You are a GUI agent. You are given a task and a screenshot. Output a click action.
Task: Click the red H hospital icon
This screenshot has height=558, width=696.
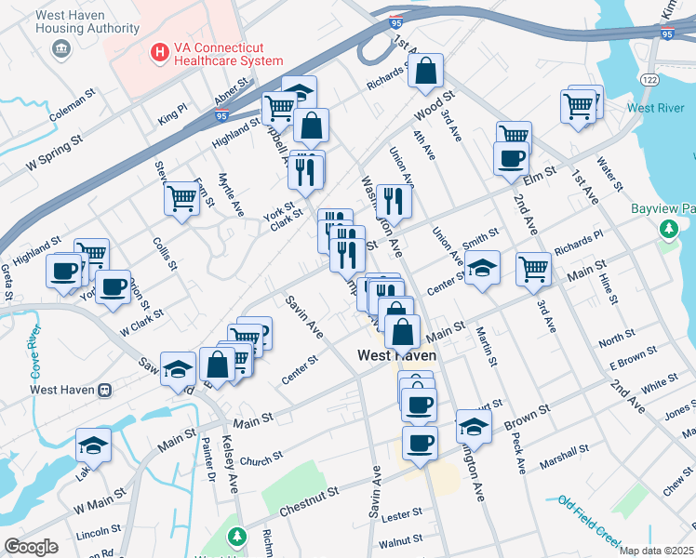click(159, 54)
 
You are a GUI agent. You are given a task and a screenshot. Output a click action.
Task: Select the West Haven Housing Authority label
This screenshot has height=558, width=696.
click(62, 24)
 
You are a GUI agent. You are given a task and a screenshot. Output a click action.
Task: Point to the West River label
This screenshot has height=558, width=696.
click(656, 109)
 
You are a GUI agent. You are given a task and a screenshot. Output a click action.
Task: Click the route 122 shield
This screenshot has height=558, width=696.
click(649, 81)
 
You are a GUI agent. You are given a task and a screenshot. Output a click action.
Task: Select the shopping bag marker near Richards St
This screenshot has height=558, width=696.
click(425, 71)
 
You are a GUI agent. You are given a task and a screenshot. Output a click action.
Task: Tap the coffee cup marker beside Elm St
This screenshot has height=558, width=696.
click(510, 157)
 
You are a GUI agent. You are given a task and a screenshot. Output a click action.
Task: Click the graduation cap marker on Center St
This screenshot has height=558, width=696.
click(482, 268)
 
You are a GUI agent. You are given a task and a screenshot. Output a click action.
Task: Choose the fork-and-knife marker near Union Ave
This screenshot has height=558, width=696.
click(394, 201)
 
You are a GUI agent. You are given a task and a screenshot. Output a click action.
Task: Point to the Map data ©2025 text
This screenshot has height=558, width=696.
click(656, 551)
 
